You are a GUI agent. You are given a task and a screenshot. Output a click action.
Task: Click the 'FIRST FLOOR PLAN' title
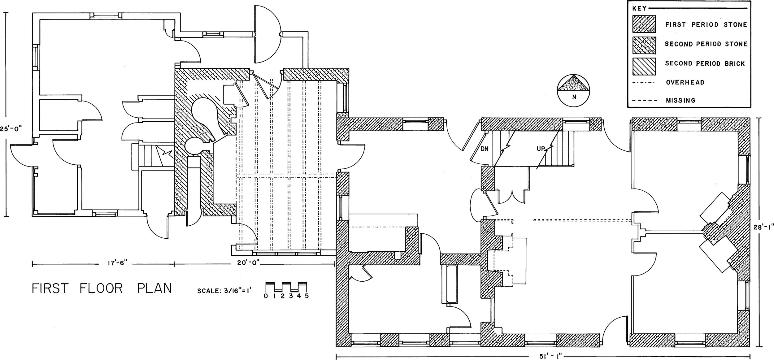point(102,288)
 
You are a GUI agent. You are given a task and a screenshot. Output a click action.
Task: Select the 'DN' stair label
point(485,149)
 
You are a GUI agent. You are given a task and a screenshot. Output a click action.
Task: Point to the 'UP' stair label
point(541,149)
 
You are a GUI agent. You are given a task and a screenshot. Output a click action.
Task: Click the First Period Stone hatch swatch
point(644,24)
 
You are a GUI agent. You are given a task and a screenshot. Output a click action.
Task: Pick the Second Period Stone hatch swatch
point(644,44)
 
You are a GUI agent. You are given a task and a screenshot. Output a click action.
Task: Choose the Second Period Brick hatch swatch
point(644,66)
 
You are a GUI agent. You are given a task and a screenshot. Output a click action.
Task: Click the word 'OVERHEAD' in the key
point(685,83)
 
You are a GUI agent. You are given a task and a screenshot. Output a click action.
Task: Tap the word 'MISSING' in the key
point(681,101)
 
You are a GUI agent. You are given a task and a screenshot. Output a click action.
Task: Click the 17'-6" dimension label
point(118,264)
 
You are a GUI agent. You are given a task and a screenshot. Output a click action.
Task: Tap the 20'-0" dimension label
point(246,263)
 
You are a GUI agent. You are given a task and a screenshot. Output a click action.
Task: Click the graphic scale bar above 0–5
point(286,287)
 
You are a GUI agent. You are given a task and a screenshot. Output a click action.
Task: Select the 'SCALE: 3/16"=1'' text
point(226,291)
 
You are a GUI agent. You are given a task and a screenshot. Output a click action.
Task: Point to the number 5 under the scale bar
point(307,296)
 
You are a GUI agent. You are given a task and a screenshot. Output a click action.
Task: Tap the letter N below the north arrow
point(574,97)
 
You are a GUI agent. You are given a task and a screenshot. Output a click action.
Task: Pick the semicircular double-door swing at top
point(267,34)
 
